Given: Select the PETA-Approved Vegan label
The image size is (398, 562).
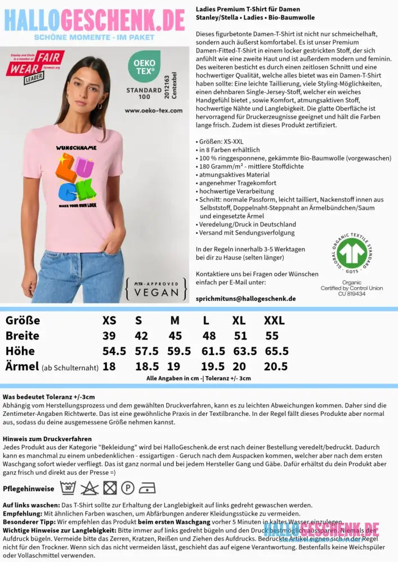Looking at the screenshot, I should click(156, 288).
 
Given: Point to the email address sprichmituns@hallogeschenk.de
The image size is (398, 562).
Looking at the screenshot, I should click(245, 299).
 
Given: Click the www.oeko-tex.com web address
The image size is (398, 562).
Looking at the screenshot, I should click(154, 111).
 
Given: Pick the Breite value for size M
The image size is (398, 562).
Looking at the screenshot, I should click(175, 336).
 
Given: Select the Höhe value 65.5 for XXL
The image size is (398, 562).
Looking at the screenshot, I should click(276, 351).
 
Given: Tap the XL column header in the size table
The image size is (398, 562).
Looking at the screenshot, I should click(239, 321).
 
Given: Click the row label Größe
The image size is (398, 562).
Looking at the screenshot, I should click(23, 321).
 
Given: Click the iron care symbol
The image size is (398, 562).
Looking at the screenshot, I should click(147, 487).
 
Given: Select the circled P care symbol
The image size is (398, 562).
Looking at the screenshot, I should click(127, 487).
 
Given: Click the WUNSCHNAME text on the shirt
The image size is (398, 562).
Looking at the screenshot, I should click(76, 148).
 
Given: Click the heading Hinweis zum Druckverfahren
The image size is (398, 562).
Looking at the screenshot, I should click(47, 439).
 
